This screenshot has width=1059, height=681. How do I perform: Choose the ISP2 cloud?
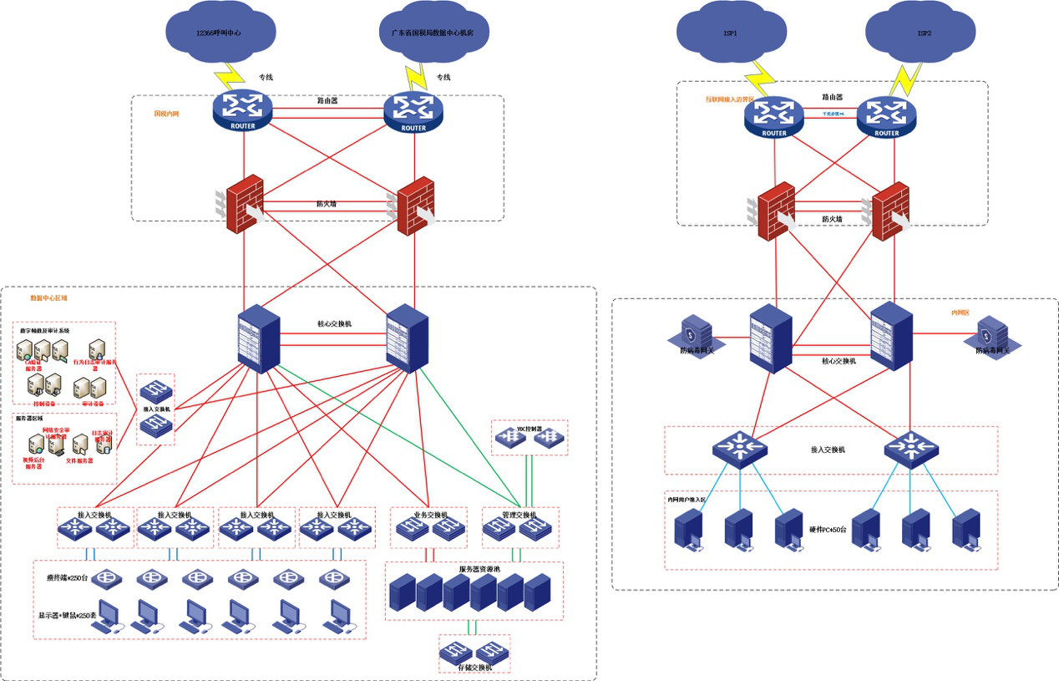[x=924, y=34]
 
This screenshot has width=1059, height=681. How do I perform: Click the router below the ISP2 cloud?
[x=886, y=117]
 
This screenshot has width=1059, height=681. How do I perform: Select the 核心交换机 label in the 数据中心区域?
[x=334, y=323]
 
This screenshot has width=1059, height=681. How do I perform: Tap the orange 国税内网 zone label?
[x=167, y=114]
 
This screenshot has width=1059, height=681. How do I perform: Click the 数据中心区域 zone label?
[x=48, y=297]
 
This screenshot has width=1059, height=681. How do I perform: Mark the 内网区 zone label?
[x=960, y=313]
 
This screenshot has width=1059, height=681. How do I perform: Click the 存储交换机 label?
[x=474, y=667]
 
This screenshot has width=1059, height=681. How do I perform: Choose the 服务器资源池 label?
[x=474, y=568]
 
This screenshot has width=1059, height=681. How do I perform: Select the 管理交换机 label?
[x=519, y=515]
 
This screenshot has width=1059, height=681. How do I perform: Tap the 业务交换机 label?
[x=429, y=515]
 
